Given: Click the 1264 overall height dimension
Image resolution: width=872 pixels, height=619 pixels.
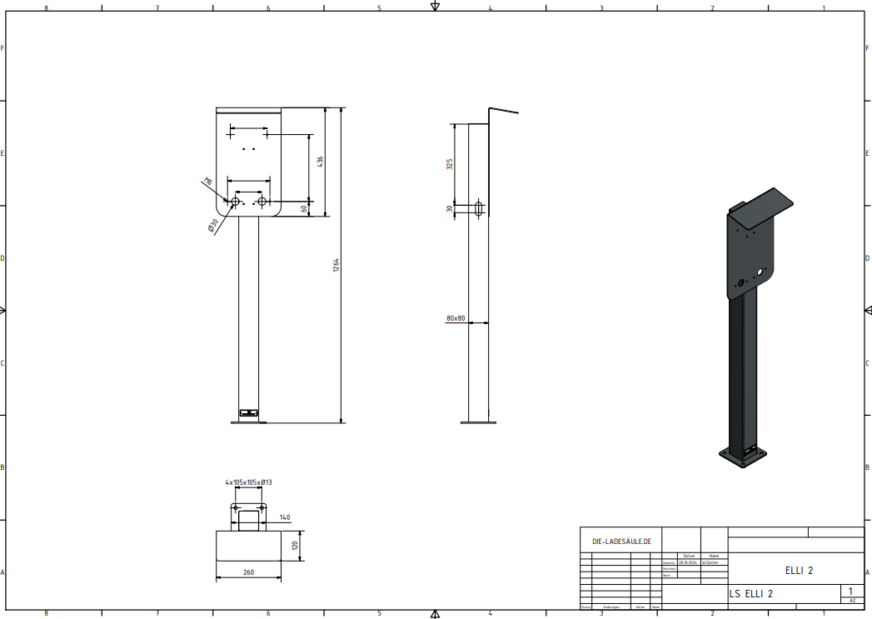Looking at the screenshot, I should [x=336, y=265].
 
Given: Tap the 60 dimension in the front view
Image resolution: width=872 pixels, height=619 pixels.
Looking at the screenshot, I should [x=303, y=208].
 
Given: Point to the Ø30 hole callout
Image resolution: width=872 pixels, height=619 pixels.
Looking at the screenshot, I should [x=213, y=225].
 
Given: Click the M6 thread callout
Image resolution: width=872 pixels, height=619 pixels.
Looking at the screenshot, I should [x=208, y=182].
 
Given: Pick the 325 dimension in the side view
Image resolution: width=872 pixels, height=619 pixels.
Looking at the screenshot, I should [x=450, y=164].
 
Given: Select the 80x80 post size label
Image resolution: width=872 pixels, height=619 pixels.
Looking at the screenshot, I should [x=456, y=318].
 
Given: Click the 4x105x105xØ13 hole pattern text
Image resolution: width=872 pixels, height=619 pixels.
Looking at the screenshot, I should [x=249, y=482].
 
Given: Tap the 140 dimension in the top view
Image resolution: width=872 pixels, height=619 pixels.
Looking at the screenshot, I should [x=285, y=517].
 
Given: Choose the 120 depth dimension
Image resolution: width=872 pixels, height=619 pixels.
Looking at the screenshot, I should [x=293, y=546].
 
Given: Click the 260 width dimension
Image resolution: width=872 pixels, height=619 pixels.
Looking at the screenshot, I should [x=249, y=572].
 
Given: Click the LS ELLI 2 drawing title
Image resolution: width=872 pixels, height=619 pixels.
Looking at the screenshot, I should [x=751, y=594].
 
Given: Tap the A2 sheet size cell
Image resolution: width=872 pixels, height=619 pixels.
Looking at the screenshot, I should [x=851, y=600].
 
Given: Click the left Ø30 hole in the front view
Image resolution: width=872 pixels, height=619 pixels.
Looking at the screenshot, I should [x=236, y=202].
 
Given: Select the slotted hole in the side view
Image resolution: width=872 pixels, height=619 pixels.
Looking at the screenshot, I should [x=479, y=208].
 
